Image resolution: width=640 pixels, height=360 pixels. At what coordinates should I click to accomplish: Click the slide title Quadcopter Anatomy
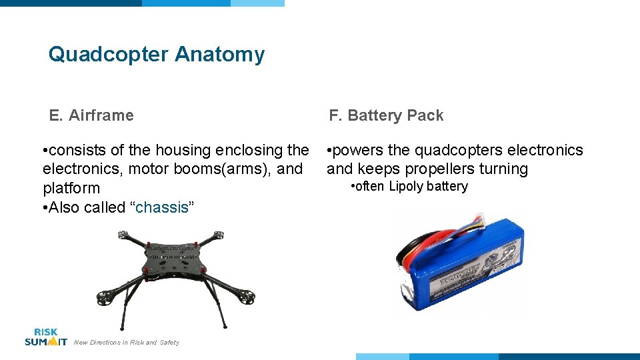point(156,54)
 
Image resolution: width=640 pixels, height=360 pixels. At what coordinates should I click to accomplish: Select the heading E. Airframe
point(91,115)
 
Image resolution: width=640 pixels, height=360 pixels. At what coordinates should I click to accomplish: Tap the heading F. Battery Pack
point(385,115)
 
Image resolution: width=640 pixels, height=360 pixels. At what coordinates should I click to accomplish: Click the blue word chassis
point(162,207)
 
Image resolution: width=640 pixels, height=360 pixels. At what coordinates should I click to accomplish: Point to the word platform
point(71,188)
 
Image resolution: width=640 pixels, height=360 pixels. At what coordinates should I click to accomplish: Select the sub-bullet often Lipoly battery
point(409,187)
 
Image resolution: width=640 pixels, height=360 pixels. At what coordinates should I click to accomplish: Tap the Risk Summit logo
point(46,337)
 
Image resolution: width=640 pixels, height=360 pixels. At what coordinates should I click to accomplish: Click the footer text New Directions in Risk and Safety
point(127,343)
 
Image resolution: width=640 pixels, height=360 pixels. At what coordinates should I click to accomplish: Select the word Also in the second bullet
point(65,207)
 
